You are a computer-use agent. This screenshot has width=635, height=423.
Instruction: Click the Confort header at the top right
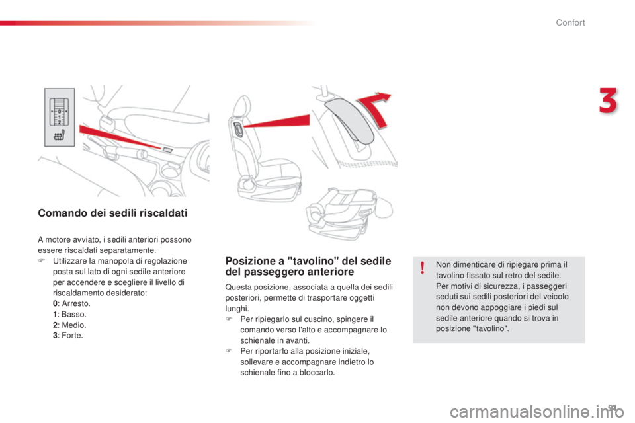pyautogui.click(x=570, y=22)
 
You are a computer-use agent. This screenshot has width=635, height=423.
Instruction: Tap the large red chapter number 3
pyautogui.click(x=608, y=100)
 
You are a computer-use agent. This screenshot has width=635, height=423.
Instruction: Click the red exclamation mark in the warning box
pyautogui.click(x=423, y=268)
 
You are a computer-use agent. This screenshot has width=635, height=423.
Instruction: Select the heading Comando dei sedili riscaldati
pyautogui.click(x=112, y=213)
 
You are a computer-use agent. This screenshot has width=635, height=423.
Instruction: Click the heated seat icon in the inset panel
pyautogui.click(x=60, y=135)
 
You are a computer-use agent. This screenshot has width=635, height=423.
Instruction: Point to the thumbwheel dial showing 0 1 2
pyautogui.click(x=59, y=112)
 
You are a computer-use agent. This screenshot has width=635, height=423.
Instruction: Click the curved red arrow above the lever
pyautogui.click(x=374, y=108)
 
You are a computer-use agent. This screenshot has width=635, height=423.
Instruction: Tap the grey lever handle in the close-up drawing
pyautogui.click(x=349, y=120)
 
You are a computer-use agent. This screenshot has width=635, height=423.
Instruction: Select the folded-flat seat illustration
pyautogui.click(x=349, y=213)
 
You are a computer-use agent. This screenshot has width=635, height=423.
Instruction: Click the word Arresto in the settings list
pyautogui.click(x=75, y=303)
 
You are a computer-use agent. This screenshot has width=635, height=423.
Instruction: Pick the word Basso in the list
pyautogui.click(x=73, y=314)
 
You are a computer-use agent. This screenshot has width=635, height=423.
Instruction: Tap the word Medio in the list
pyautogui.click(x=73, y=325)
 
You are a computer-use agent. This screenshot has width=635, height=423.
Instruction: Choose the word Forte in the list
pyautogui.click(x=72, y=336)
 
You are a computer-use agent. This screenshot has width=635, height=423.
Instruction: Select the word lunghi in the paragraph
pyautogui.click(x=237, y=309)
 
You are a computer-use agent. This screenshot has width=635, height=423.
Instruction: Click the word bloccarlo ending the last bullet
pyautogui.click(x=317, y=372)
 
